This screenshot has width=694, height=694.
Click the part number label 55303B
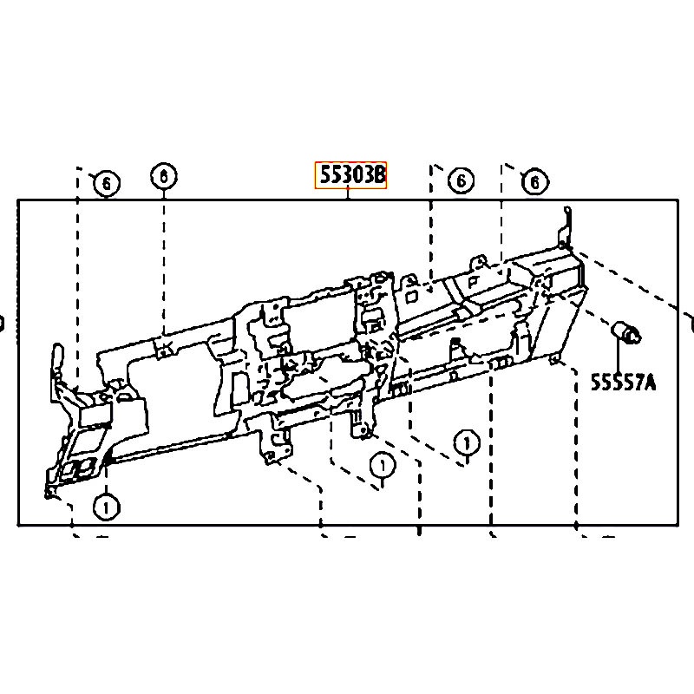351,175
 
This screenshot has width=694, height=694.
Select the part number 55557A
623,382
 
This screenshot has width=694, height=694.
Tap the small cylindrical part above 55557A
625,333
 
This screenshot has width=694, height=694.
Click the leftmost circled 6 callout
106,183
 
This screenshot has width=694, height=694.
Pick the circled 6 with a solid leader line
164,177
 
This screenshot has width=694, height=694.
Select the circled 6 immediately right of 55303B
461,180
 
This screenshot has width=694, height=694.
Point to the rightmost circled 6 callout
534,182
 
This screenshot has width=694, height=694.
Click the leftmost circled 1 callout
106,507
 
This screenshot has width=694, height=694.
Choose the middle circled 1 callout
383,465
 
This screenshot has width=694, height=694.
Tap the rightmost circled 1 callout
467,442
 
